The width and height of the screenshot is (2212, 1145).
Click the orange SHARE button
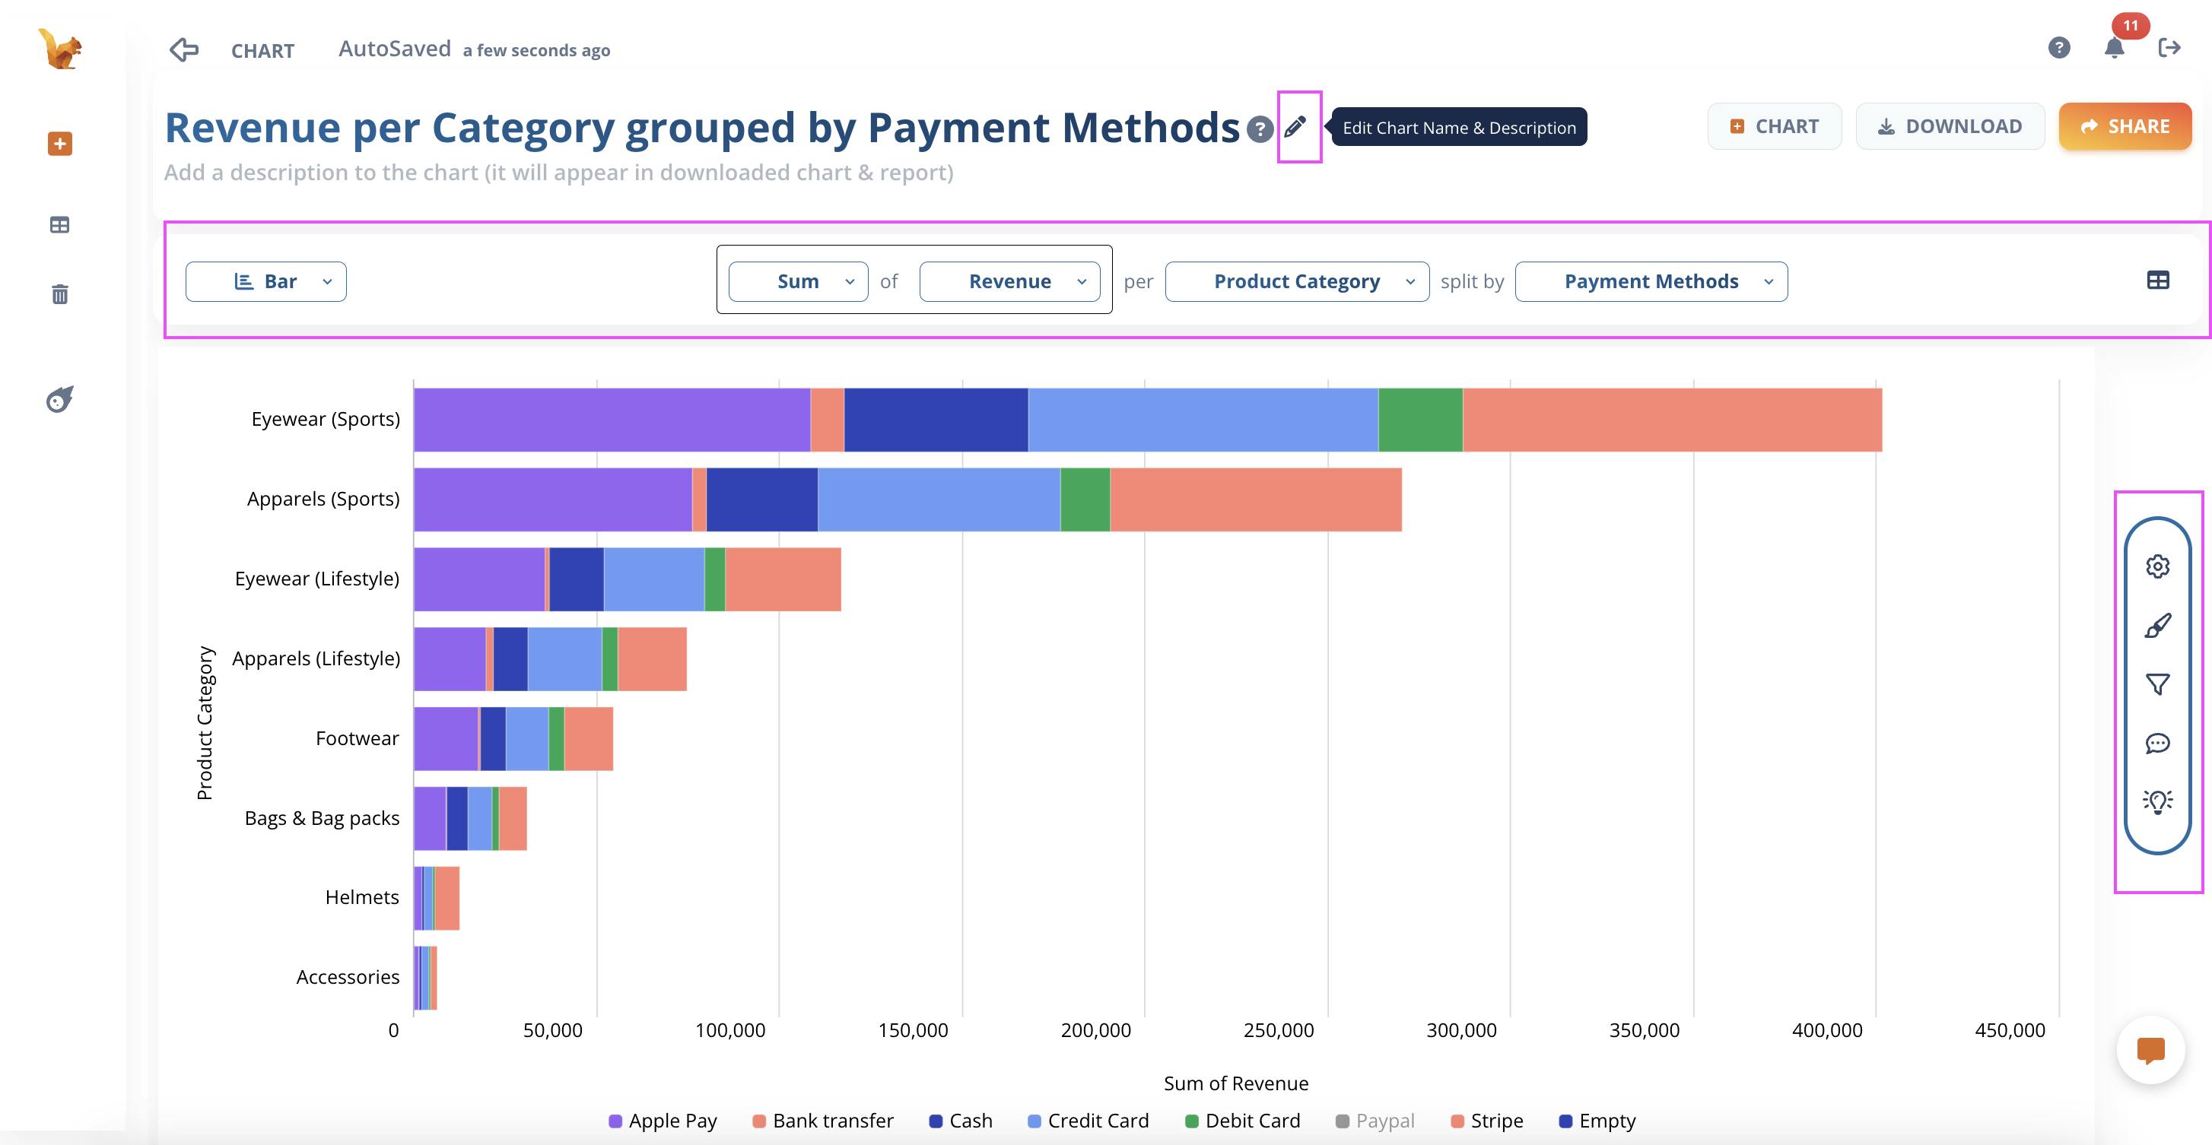point(2125,126)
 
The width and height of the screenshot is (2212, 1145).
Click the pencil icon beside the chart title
point(1295,127)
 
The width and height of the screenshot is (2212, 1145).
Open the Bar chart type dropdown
point(266,281)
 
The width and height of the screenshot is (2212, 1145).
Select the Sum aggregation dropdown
point(798,281)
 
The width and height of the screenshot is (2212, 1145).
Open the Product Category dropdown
point(1297,281)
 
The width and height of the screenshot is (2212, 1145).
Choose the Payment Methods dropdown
point(1651,281)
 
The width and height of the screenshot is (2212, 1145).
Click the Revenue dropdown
point(1010,281)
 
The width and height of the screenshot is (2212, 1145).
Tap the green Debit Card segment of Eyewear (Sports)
point(1420,420)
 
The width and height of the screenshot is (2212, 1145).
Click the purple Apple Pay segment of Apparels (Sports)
point(552,500)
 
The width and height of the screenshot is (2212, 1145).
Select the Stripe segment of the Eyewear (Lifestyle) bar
point(782,579)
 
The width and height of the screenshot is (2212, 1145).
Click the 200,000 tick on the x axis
point(1095,1030)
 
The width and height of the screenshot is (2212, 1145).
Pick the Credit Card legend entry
point(1088,1121)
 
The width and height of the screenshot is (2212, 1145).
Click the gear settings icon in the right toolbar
point(2157,566)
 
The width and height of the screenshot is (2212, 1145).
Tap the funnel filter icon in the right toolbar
point(2157,684)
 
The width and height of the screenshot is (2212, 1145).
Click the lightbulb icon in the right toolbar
point(2157,801)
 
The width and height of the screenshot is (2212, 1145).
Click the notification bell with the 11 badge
point(2114,47)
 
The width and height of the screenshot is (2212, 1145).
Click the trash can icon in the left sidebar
point(59,294)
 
